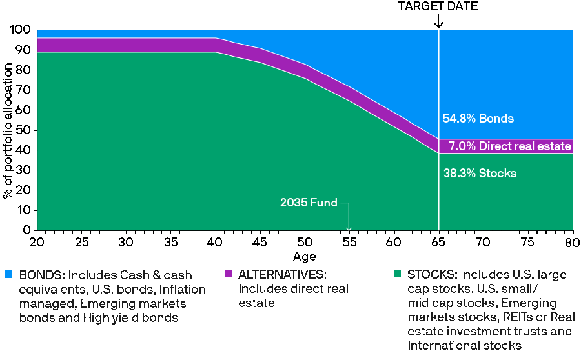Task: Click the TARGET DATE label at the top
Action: coord(438,6)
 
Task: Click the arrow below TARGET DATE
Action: coord(438,21)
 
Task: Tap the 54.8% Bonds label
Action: coord(478,119)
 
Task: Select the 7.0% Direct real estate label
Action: coord(510,146)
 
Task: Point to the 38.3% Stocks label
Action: coord(480,174)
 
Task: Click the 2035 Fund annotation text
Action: coord(309,203)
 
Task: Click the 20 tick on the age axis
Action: coord(37,241)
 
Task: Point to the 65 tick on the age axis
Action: coord(439,241)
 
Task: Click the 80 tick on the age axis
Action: coord(572,241)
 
